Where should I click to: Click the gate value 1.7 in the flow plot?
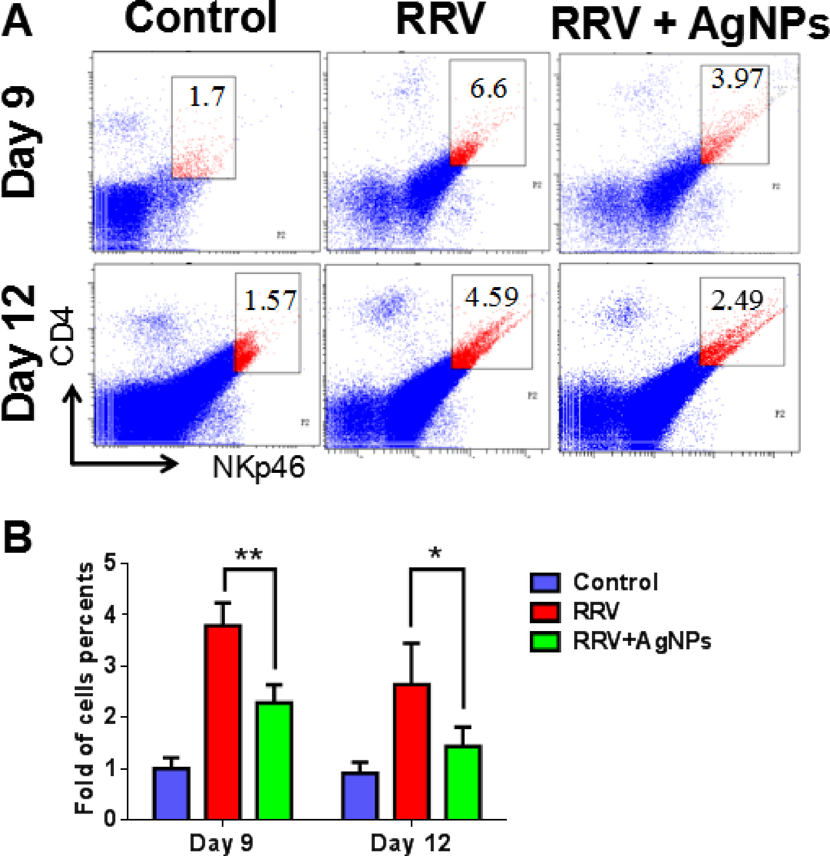[x=206, y=97]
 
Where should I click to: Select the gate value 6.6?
[x=488, y=88]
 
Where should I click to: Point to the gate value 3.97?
[x=737, y=79]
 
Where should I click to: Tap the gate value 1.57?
[x=270, y=300]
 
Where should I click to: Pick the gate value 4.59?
[x=491, y=297]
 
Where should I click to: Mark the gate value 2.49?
[x=737, y=300]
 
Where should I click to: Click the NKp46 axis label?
[x=258, y=466]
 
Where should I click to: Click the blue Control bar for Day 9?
[x=171, y=793]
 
